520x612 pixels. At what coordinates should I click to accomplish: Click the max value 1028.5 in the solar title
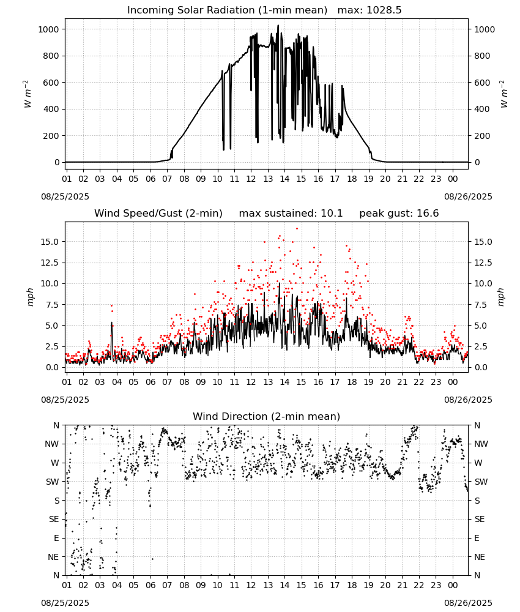[x=384, y=10]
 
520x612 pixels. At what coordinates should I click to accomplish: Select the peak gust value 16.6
[x=427, y=214]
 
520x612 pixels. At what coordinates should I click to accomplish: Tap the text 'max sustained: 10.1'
[x=291, y=214]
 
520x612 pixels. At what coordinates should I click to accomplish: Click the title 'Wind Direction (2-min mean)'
[x=267, y=416]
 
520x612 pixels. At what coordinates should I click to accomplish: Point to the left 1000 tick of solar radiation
[x=48, y=29]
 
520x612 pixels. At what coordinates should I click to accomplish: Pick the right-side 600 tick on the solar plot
[x=482, y=83]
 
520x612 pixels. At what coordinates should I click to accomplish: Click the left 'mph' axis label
[x=31, y=297]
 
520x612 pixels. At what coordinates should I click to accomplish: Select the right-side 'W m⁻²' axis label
[x=503, y=94]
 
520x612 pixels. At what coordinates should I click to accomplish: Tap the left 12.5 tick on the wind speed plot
[x=50, y=263]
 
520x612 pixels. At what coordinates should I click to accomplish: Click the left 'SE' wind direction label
[x=54, y=520]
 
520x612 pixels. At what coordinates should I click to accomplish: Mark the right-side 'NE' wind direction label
[x=480, y=558]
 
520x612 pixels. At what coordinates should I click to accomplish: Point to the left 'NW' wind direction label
[x=52, y=444]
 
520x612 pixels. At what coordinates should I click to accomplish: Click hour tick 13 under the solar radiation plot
[x=268, y=179]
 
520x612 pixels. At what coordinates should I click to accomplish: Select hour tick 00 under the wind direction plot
[x=453, y=586]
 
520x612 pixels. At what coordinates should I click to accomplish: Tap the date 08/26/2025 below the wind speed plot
[x=468, y=400]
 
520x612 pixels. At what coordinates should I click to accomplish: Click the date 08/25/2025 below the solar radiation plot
[x=65, y=196]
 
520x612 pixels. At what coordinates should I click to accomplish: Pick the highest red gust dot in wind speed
[x=297, y=228]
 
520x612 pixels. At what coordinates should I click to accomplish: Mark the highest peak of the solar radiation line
[x=278, y=25]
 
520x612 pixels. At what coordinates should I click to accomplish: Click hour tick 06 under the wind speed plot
[x=150, y=382]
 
